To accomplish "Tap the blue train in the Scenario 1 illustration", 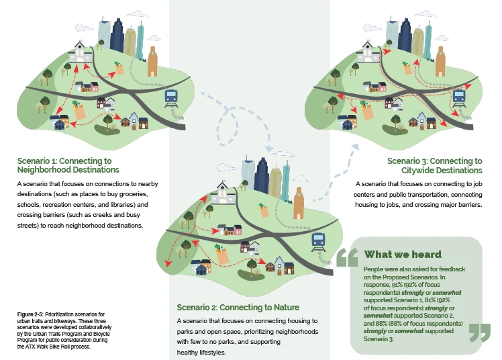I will tap(171, 97).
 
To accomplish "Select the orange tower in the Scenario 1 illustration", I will tap(153, 62).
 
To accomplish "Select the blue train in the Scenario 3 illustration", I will tap(459, 95).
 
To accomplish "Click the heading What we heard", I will tap(403, 254).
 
